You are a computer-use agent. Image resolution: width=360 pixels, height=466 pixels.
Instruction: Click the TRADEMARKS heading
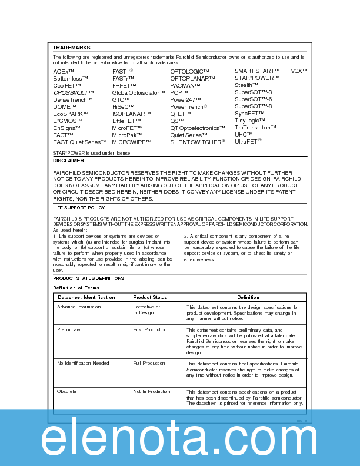[x=71, y=48]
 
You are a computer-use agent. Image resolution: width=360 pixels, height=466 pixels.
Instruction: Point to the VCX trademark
[x=299, y=71]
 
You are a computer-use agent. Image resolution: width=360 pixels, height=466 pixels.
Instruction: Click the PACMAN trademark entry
[x=185, y=85]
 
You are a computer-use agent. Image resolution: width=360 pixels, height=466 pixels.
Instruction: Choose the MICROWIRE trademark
[x=132, y=142]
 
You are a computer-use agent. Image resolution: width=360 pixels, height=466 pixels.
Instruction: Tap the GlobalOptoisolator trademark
[x=139, y=92]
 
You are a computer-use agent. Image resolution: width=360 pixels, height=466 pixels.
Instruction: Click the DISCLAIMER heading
[x=68, y=161]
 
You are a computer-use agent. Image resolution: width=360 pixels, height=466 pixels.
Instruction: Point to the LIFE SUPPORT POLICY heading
[x=79, y=208]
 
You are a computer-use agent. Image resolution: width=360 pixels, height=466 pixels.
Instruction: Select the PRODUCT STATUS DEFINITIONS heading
[x=88, y=278]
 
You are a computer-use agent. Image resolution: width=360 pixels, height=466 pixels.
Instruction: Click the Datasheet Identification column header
[x=86, y=297]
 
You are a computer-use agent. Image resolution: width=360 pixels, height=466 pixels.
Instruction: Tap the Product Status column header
[x=150, y=297]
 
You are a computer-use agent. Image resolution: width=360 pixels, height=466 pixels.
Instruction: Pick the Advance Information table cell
[x=79, y=307]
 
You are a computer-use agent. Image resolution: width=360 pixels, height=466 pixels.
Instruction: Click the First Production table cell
[x=150, y=330]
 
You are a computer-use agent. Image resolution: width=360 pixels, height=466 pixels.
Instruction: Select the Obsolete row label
[x=66, y=391]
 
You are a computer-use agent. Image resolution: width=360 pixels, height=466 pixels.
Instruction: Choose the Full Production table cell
[x=149, y=363]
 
